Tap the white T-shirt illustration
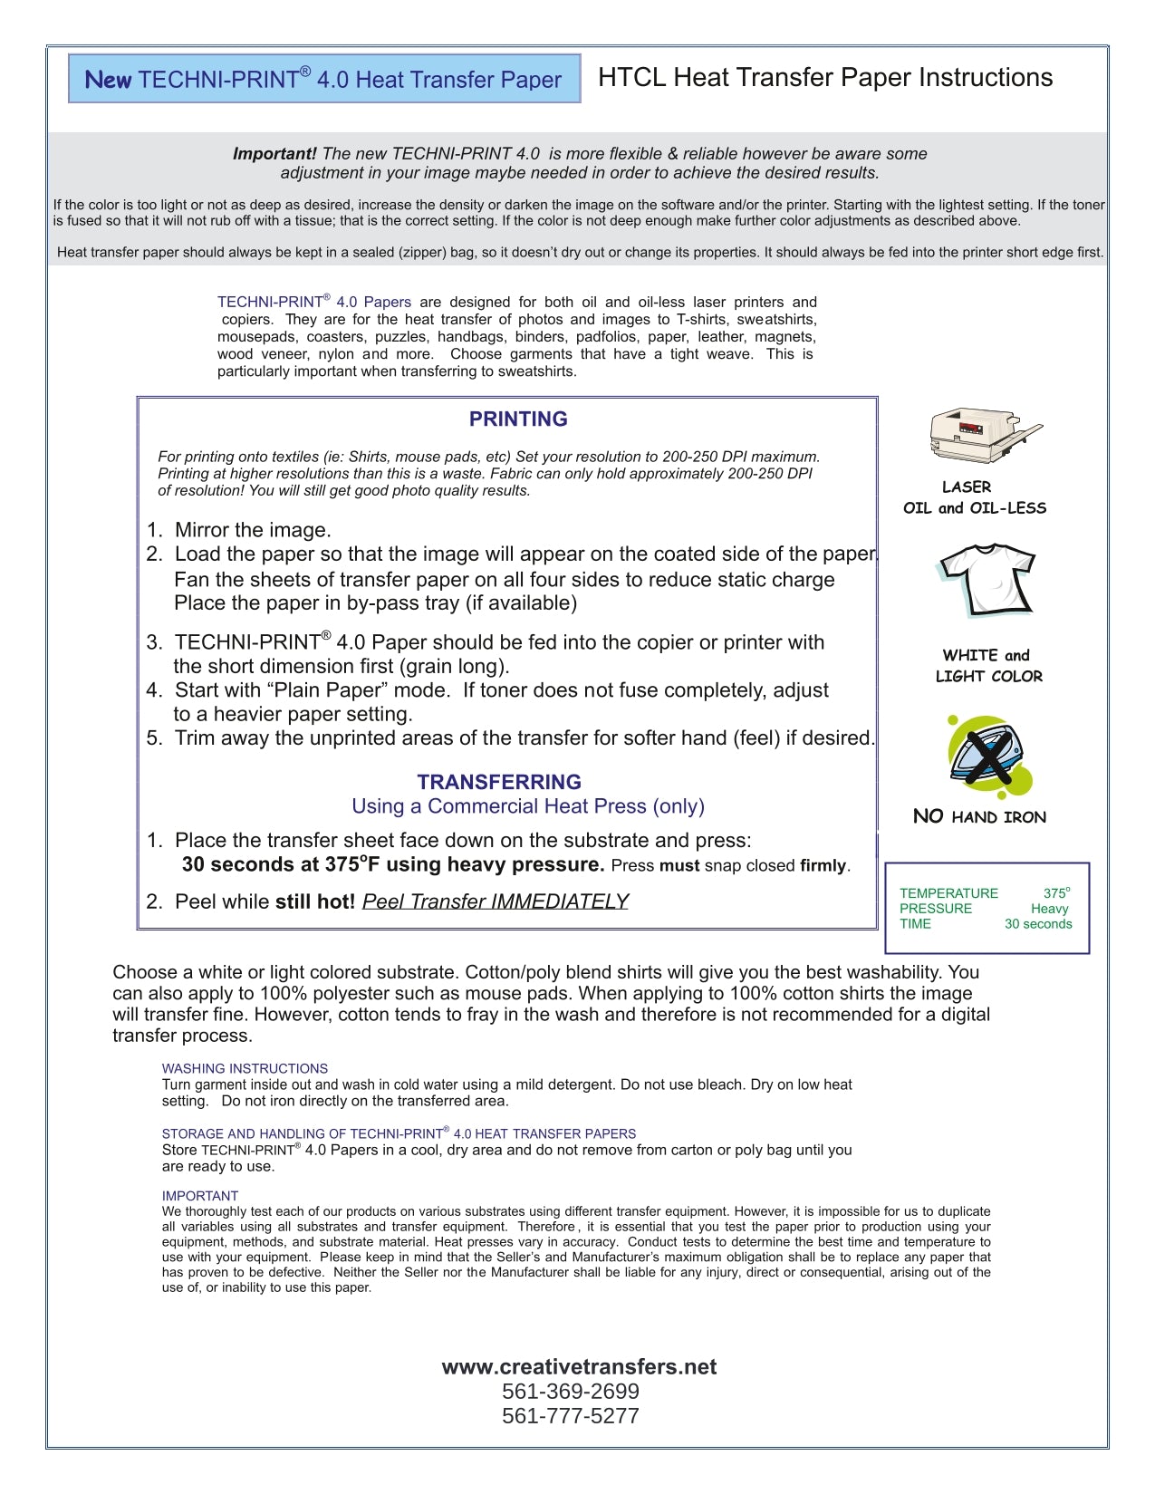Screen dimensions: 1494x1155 tap(987, 580)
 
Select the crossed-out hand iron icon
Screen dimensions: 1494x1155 tap(990, 756)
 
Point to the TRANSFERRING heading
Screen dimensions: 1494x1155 tap(499, 782)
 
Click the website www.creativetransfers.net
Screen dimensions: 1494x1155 tap(579, 1366)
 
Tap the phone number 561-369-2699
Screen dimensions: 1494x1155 tap(571, 1392)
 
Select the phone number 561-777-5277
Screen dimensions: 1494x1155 tap(571, 1416)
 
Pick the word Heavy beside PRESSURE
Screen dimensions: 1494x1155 tap(1049, 909)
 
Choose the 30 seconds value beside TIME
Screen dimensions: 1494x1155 tap(1038, 924)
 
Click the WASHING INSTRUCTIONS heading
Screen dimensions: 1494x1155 tap(245, 1069)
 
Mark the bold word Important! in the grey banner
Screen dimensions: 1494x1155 tap(274, 154)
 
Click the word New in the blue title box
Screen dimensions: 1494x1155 tap(108, 80)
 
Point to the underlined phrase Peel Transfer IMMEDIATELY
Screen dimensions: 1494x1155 tap(495, 901)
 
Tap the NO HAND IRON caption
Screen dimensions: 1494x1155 tap(979, 816)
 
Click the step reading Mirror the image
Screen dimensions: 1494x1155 tap(253, 530)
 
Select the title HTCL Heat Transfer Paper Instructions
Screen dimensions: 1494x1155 tap(825, 78)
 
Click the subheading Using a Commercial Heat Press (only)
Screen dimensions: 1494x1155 tap(528, 806)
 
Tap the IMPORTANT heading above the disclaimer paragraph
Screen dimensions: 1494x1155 tap(200, 1196)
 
